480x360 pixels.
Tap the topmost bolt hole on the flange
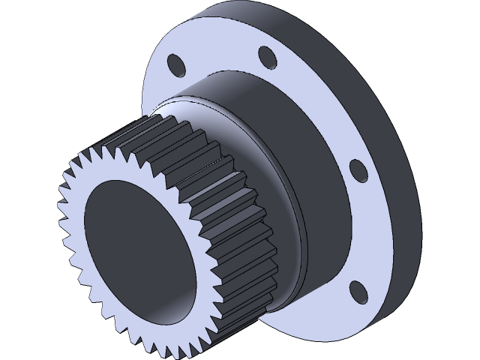pos(265,57)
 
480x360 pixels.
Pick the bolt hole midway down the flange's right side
pos(358,171)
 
